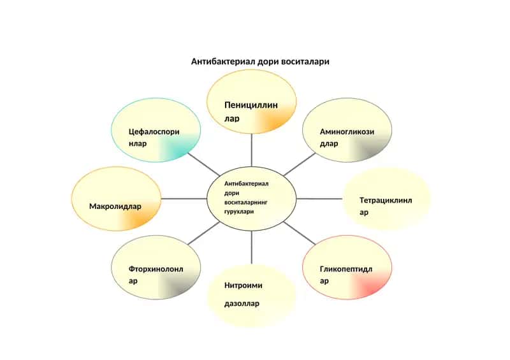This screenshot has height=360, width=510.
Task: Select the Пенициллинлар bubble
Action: (252, 101)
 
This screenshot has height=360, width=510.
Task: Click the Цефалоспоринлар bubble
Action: (156, 130)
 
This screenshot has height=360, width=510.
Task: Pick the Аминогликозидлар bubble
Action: (347, 130)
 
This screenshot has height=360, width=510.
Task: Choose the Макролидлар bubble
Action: (116, 199)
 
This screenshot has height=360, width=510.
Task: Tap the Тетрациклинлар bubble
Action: (387, 199)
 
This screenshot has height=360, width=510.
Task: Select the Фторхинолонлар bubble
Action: (156, 268)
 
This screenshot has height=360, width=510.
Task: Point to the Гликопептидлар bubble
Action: (347, 268)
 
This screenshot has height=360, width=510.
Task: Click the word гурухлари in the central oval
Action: (239, 212)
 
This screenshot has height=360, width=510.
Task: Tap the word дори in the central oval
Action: (231, 193)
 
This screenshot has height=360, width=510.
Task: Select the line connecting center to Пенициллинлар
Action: (252, 150)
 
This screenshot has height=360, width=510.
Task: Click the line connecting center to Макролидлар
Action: (184, 199)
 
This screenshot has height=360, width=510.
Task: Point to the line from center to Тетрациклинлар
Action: (319, 199)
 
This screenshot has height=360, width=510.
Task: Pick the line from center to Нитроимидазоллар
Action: (252, 247)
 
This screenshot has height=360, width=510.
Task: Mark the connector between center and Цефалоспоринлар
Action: (204, 164)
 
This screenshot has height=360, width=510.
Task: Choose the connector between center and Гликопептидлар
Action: (300, 233)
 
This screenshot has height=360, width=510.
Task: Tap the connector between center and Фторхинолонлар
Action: (204, 233)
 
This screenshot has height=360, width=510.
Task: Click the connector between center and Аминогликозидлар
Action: (300, 164)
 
